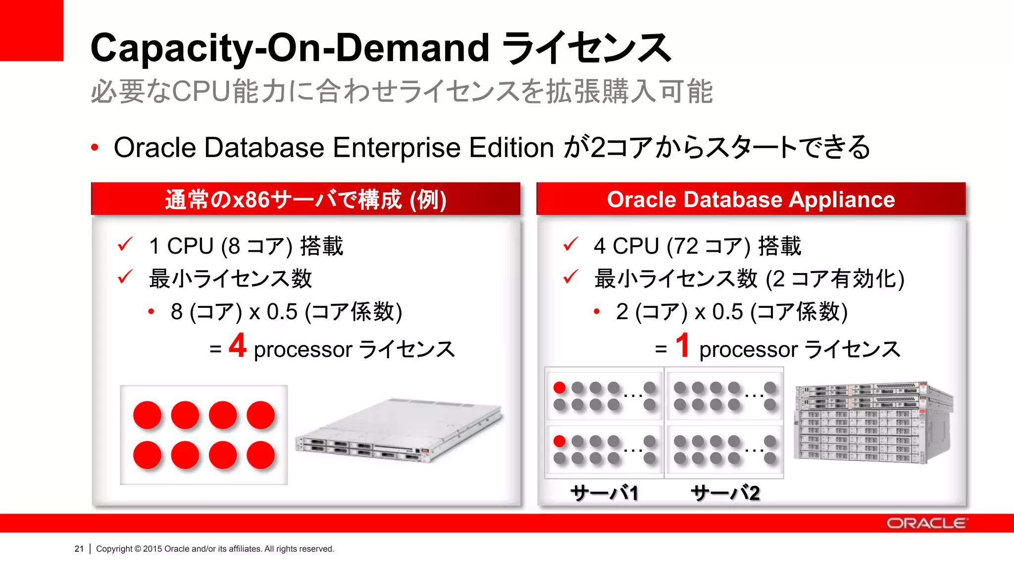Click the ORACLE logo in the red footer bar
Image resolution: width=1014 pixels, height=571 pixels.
click(926, 523)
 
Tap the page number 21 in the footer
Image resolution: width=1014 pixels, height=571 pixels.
click(79, 549)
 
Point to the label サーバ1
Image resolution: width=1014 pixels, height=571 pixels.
click(604, 493)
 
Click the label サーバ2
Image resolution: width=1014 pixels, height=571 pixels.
click(725, 493)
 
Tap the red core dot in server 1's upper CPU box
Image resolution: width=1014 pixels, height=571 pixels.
click(559, 387)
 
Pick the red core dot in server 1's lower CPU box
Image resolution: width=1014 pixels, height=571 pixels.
click(559, 441)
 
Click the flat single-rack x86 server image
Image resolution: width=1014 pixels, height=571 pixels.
click(399, 430)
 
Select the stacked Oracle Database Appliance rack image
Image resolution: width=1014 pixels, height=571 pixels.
click(873, 422)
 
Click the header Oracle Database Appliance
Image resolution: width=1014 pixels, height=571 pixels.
click(751, 199)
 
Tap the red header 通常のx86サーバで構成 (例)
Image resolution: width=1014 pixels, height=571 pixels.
click(305, 200)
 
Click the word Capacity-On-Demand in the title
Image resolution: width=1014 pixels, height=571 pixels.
click(290, 48)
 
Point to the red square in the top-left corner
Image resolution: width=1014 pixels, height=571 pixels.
click(31, 30)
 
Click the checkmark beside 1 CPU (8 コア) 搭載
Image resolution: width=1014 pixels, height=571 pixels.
click(125, 244)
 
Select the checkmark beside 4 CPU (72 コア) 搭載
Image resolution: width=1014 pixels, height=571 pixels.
click(570, 244)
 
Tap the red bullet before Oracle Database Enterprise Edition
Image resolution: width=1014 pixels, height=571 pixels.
click(95, 148)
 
